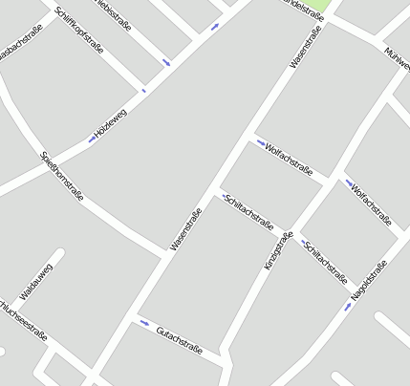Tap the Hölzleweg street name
(x=111, y=123)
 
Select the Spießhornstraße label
(x=62, y=177)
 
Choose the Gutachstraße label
(x=179, y=339)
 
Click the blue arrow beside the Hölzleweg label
(x=92, y=139)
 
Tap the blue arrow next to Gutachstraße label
(x=144, y=322)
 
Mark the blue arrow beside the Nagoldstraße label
(x=348, y=306)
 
